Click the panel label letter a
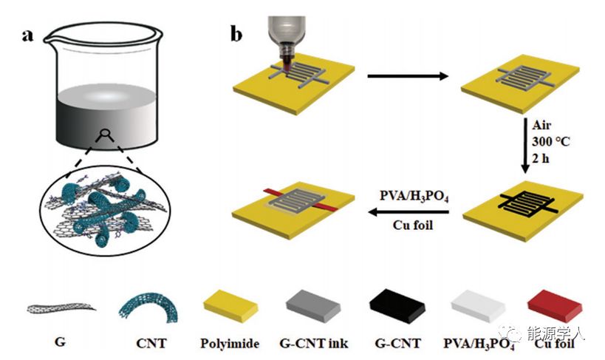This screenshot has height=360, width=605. point(28,35)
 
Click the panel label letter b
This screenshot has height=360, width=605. point(237,34)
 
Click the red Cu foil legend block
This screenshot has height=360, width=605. point(555,307)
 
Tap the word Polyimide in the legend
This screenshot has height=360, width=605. point(228,343)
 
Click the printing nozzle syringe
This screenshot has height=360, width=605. point(285,33)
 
